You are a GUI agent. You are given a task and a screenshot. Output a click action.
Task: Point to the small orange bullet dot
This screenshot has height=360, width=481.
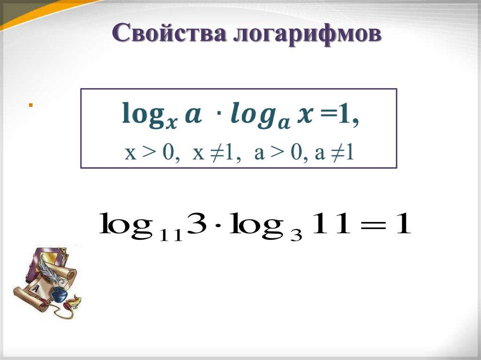30,105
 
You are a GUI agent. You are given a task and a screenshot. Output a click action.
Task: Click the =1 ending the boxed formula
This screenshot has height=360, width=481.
338,115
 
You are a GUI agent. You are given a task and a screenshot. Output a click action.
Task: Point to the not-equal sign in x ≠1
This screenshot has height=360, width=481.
217,153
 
